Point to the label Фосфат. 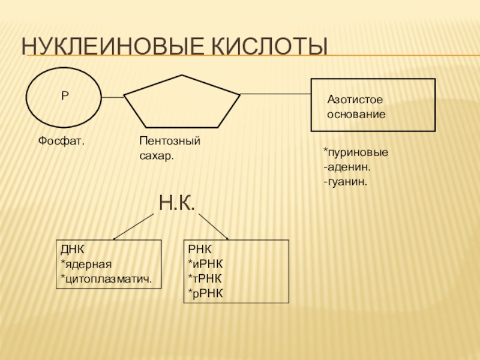[x=61, y=141]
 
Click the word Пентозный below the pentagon [x=169, y=141]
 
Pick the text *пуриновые [x=355, y=152]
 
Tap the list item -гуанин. [x=345, y=179]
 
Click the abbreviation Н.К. [x=177, y=203]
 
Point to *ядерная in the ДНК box [x=86, y=264]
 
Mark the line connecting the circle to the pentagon [x=112, y=97]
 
